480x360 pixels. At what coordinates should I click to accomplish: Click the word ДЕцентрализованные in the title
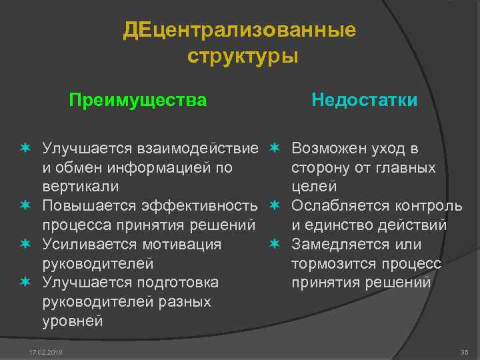(239, 31)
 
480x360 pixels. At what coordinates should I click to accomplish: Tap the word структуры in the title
(243, 55)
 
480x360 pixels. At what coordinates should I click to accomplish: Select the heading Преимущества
(138, 101)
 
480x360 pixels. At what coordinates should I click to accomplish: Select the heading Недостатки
(364, 101)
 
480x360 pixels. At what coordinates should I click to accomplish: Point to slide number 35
(464, 352)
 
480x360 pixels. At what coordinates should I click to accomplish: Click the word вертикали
(80, 186)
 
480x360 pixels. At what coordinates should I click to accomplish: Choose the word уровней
(72, 321)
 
